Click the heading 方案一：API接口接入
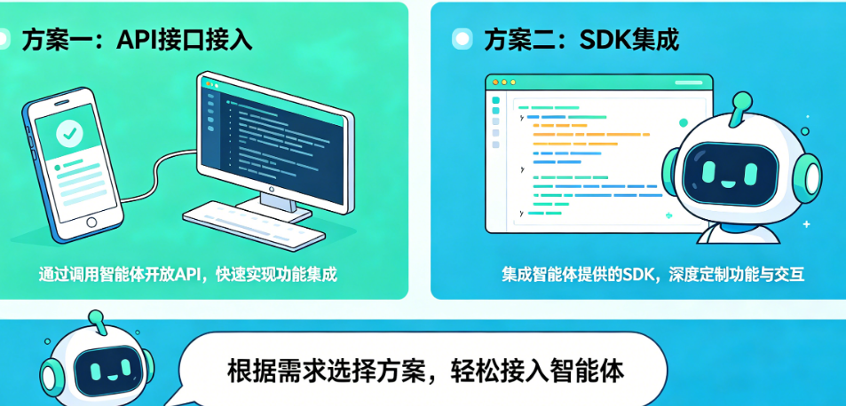click(137, 41)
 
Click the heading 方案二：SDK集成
click(581, 40)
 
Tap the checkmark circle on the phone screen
click(69, 135)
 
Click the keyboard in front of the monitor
click(254, 225)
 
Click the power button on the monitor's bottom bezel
click(270, 190)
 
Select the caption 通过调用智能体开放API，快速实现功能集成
click(188, 275)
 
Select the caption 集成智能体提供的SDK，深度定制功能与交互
click(652, 275)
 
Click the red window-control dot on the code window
click(495, 82)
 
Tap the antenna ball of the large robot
click(742, 100)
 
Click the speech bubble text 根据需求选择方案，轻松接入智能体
click(426, 371)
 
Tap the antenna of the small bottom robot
click(96, 321)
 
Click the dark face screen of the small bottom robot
click(106, 371)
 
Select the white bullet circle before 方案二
click(462, 39)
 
